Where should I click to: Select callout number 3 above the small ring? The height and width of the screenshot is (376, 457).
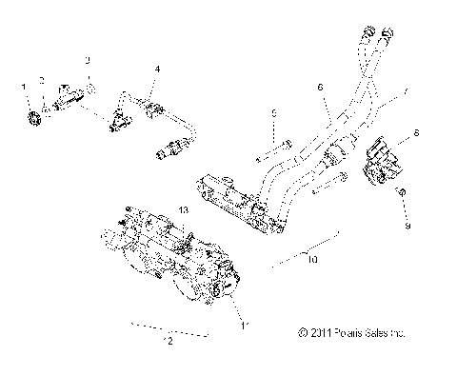[x=88, y=61]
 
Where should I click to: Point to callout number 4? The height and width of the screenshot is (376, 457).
[x=157, y=69]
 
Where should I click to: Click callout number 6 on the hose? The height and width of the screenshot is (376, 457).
[x=320, y=87]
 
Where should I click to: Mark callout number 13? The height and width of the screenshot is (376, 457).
[x=184, y=208]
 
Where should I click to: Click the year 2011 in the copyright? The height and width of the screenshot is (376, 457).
[x=322, y=333]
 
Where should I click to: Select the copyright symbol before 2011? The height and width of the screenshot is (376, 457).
[x=302, y=333]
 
